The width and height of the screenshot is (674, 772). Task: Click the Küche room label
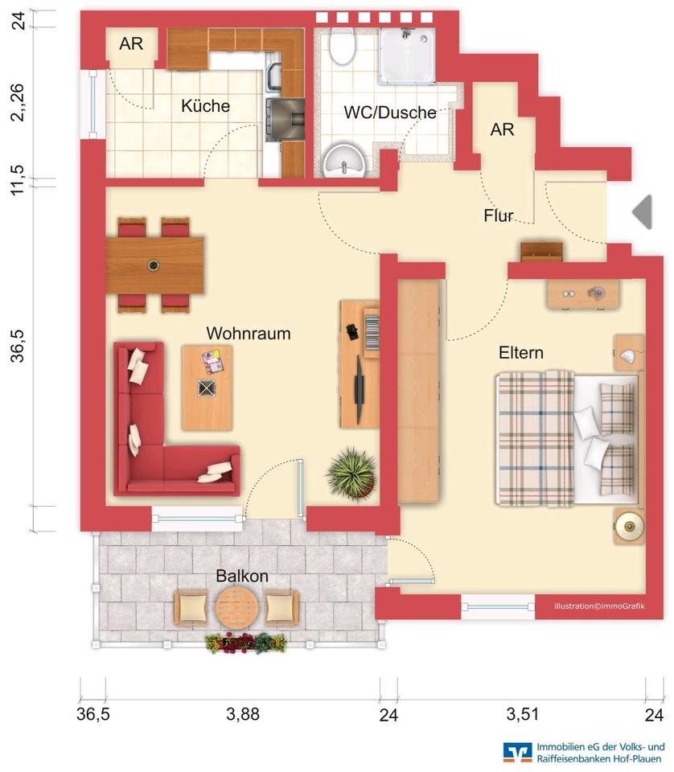pos(205,106)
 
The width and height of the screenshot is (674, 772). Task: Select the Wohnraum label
pos(248,333)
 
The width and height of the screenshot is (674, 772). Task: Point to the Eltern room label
pos(520,352)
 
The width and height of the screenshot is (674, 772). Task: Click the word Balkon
pos(241,577)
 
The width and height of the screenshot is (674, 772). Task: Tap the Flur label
pos(499,216)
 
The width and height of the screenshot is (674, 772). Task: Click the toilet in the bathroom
pos(343,47)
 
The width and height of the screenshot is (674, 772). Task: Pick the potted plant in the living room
pos(351,474)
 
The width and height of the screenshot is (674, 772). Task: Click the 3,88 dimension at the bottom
pos(243,714)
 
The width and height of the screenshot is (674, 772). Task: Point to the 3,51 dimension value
pos(524,714)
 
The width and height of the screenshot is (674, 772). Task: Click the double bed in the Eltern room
pos(566,439)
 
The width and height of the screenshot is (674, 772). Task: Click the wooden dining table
pos(154,265)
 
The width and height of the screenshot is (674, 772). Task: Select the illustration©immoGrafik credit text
pos(593,607)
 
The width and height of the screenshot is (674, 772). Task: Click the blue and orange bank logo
pos(517,751)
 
